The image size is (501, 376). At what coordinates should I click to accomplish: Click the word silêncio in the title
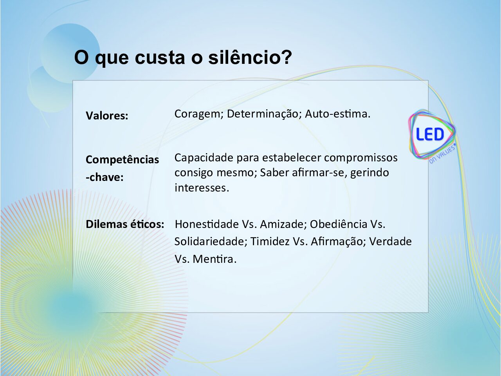(250, 57)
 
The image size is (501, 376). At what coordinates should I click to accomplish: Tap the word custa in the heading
(160, 58)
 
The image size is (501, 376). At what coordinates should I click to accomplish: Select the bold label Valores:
(107, 116)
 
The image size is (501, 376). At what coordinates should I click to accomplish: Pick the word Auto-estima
(337, 114)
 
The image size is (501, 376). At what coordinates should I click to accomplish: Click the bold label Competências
(123, 159)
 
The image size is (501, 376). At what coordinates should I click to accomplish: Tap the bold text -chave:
(105, 177)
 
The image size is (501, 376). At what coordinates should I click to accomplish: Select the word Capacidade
(204, 157)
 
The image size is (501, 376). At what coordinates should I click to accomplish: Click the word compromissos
(361, 158)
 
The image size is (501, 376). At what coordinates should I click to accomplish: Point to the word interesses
(202, 188)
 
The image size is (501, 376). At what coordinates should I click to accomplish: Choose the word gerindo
(369, 173)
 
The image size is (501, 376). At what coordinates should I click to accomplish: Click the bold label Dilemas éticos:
(125, 224)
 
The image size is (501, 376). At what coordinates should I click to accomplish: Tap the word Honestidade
(207, 224)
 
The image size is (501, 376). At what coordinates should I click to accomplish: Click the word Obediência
(339, 224)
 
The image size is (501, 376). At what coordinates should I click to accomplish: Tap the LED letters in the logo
(430, 134)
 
